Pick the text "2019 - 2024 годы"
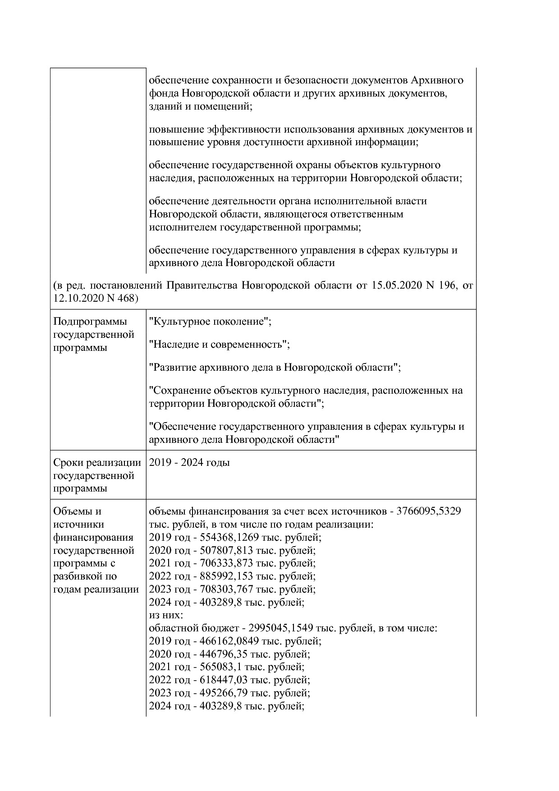(x=189, y=463)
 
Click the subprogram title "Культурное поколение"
(x=209, y=322)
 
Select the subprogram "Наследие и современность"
(x=219, y=345)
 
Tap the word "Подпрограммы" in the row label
(x=90, y=322)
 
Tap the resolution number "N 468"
(x=122, y=298)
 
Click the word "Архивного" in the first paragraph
(x=437, y=80)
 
